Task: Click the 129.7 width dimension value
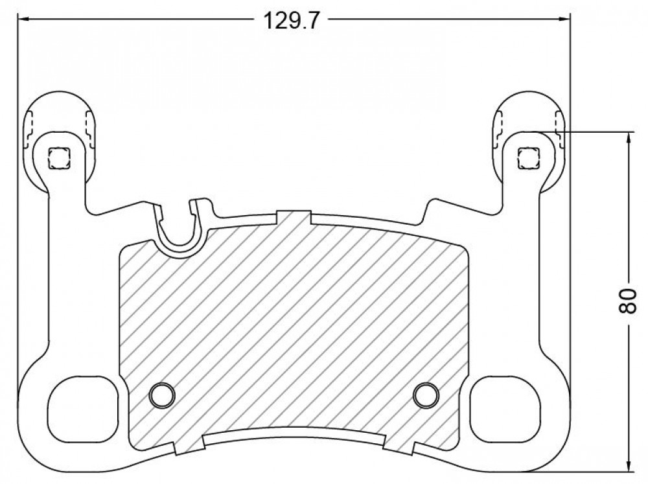point(292,20)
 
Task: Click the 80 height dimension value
point(628,301)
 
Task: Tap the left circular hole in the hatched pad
point(161,395)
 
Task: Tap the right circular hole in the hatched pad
point(426,395)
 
